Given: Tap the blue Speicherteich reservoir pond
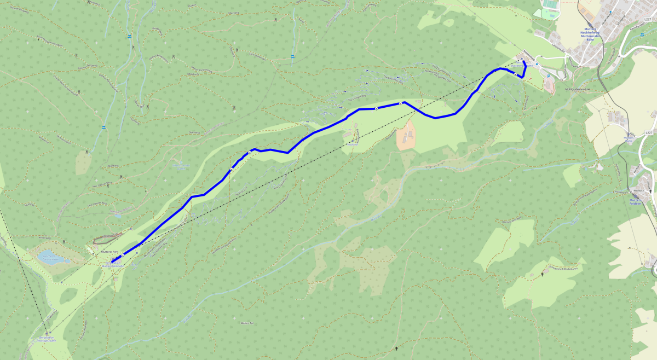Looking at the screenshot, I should pyautogui.click(x=52, y=258).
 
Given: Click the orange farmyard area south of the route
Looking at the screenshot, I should pyautogui.click(x=406, y=136).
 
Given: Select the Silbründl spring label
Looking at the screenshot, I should pyautogui.click(x=181, y=166).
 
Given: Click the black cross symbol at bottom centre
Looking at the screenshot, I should pyautogui.click(x=397, y=349).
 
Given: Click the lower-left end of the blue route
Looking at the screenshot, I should pyautogui.click(x=112, y=263).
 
